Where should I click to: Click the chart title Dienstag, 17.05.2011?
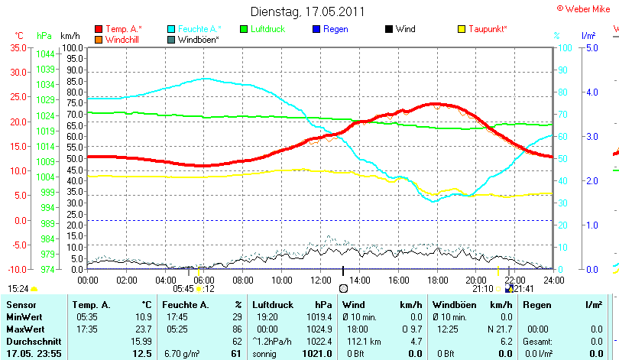[308, 11]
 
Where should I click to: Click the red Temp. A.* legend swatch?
[99, 29]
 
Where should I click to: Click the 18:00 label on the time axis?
[437, 281]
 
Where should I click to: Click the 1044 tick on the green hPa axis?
[45, 54]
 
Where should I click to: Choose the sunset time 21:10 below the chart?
[482, 289]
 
